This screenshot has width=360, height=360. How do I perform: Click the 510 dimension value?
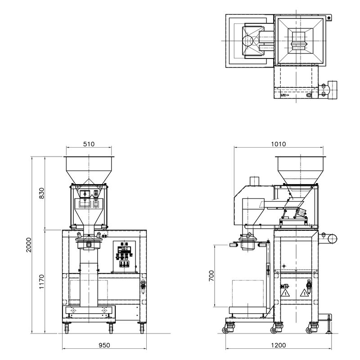coord(89,144)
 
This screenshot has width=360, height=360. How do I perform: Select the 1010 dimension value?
coord(279,144)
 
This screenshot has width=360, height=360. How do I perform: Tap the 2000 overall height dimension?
coord(28,245)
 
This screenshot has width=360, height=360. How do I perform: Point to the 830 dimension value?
coord(41,193)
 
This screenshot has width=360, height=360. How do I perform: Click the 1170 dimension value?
coord(41,282)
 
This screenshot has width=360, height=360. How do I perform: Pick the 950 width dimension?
coord(104,345)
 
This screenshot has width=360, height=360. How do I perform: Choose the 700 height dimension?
coord(211,275)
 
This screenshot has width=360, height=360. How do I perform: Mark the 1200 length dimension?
coord(279,345)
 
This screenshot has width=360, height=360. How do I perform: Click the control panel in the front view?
coord(124,256)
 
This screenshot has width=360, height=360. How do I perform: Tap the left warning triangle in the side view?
coord(285,293)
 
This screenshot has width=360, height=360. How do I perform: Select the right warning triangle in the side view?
coord(304,293)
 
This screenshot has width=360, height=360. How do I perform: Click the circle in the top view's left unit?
coord(247,41)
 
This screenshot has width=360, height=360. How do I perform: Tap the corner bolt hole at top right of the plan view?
coord(329,18)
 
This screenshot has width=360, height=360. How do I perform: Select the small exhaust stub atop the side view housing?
coord(254,181)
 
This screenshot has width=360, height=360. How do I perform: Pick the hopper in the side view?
coord(301,170)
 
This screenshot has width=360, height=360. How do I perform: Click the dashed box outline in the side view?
coord(248,294)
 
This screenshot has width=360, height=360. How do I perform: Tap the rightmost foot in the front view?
coord(142,328)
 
